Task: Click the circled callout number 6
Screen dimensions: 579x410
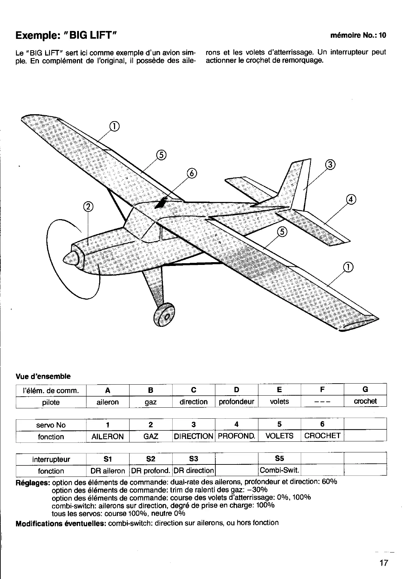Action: pos(192,173)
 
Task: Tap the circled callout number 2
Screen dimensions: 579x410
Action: pos(89,206)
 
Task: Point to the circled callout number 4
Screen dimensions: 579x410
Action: pos(351,200)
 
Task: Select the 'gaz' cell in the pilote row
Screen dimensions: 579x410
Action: pos(151,402)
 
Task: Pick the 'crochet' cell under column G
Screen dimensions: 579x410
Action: pos(365,401)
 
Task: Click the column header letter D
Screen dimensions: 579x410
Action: pos(236,390)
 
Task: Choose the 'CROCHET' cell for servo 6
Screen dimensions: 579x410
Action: pos(322,436)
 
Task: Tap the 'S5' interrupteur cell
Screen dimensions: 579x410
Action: pos(279,458)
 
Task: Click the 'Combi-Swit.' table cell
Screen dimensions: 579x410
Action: pos(279,470)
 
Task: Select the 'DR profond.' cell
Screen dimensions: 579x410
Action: pos(151,471)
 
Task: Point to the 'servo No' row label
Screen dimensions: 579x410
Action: pos(51,425)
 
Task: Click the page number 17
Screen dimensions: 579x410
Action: pos(383,563)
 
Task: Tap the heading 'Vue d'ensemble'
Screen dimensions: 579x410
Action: pos(43,376)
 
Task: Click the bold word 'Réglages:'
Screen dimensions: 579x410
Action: pos(33,482)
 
